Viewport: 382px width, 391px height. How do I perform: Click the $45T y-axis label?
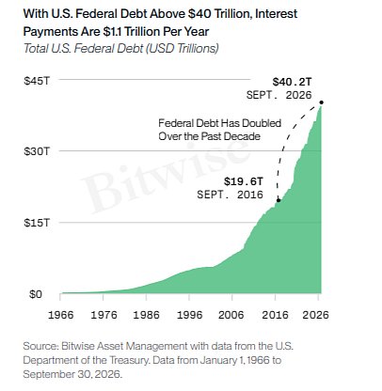(37, 81)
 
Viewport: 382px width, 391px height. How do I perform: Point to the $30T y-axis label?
(37, 151)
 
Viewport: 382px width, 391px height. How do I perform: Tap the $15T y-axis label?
(37, 223)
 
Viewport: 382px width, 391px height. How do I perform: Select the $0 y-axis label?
(36, 294)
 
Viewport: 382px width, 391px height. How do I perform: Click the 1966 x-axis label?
(60, 315)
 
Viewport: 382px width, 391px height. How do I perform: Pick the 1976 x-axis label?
(103, 315)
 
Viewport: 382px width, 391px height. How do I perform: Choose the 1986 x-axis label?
(146, 315)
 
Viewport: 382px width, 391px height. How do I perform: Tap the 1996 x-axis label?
(189, 315)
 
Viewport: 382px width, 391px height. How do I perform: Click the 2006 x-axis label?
(231, 315)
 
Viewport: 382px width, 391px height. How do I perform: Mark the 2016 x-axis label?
(275, 315)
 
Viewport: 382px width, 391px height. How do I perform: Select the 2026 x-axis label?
(315, 315)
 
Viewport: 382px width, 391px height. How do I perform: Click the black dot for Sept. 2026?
(321, 102)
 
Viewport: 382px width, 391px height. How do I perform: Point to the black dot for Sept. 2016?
(279, 200)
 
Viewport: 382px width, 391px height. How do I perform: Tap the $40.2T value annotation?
(292, 82)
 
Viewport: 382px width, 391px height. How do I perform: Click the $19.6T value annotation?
(244, 181)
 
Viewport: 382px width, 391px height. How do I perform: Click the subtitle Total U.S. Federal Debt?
(84, 49)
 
